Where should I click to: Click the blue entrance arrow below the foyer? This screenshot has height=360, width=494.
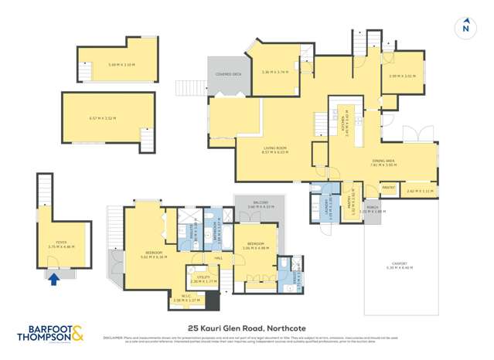tap(53, 280)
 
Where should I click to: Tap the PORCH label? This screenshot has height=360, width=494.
tap(373, 209)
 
